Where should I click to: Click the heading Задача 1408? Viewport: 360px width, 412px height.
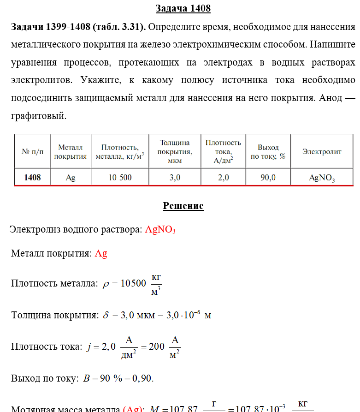pyautogui.click(x=183, y=9)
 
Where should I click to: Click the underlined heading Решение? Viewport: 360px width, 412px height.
pyautogui.click(x=183, y=206)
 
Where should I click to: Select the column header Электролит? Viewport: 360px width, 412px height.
pyautogui.click(x=322, y=151)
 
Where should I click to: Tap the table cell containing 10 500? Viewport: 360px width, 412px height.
pyautogui.click(x=120, y=178)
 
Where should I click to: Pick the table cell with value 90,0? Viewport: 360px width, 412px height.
pyautogui.click(x=268, y=178)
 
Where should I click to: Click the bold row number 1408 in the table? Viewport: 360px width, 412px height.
pyautogui.click(x=32, y=178)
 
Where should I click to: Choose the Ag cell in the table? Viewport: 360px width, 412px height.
pyautogui.click(x=71, y=178)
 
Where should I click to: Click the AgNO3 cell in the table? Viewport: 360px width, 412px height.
pyautogui.click(x=322, y=178)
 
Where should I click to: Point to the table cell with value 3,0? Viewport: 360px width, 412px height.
pyautogui.click(x=175, y=178)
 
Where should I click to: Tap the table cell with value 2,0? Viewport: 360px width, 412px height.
pyautogui.click(x=223, y=178)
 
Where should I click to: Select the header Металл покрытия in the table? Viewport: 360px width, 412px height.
pyautogui.click(x=71, y=152)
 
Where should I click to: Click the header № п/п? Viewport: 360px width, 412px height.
pyautogui.click(x=32, y=151)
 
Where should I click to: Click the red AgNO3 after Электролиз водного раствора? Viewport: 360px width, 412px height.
pyautogui.click(x=160, y=230)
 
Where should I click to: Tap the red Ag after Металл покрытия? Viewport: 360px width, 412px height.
pyautogui.click(x=101, y=254)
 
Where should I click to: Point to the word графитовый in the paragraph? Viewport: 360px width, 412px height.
pyautogui.click(x=38, y=116)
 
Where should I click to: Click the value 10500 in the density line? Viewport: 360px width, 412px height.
pyautogui.click(x=133, y=284)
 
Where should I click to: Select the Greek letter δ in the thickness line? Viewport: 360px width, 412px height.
pyautogui.click(x=106, y=316)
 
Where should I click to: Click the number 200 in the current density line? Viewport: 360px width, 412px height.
pyautogui.click(x=156, y=347)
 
